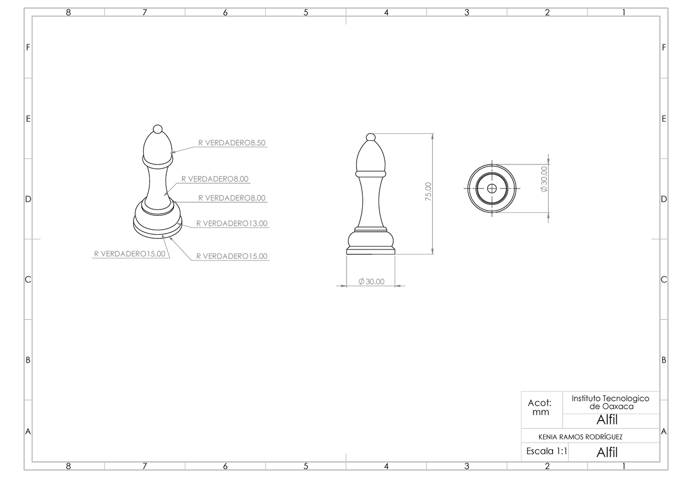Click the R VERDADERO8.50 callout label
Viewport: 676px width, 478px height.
[232, 143]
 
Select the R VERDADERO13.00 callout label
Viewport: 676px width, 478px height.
[232, 224]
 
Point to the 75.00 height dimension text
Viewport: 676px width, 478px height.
[428, 191]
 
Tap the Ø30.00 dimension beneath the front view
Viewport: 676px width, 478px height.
[371, 282]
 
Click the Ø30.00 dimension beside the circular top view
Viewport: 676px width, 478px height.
[544, 180]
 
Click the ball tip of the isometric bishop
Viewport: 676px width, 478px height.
[158, 128]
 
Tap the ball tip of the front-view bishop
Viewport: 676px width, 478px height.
[371, 137]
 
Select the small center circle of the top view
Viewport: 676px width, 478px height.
[492, 189]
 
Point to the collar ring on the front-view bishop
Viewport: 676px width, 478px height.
[371, 169]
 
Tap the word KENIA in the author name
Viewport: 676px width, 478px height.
[549, 436]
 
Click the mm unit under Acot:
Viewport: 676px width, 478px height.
[540, 412]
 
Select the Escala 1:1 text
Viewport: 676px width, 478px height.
[546, 451]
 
